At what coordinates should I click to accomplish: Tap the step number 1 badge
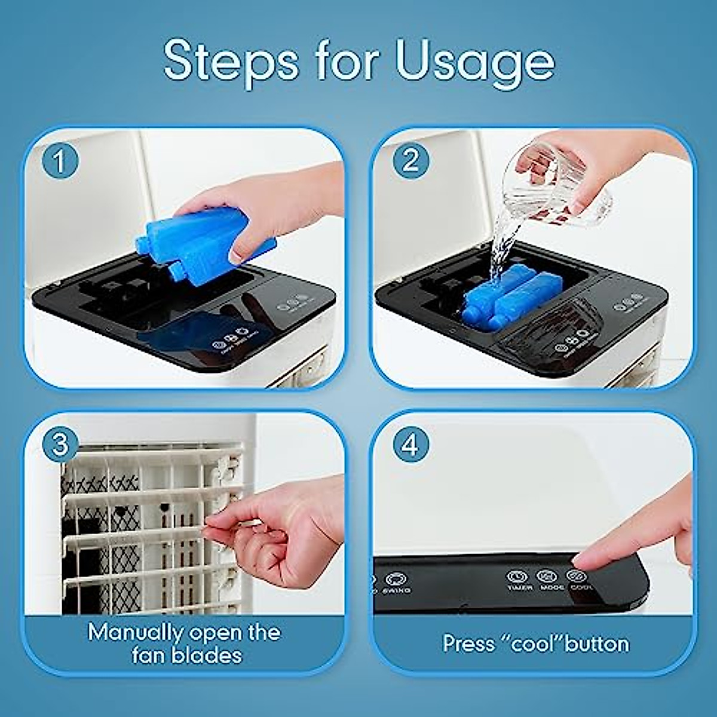60,161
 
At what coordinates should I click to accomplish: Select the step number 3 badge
60,445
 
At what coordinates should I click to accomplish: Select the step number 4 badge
410,445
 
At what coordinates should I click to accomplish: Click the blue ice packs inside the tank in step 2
499,296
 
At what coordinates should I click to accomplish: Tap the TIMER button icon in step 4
517,577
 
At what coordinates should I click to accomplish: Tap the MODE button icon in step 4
546,577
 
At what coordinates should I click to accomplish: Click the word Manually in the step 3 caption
136,633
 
